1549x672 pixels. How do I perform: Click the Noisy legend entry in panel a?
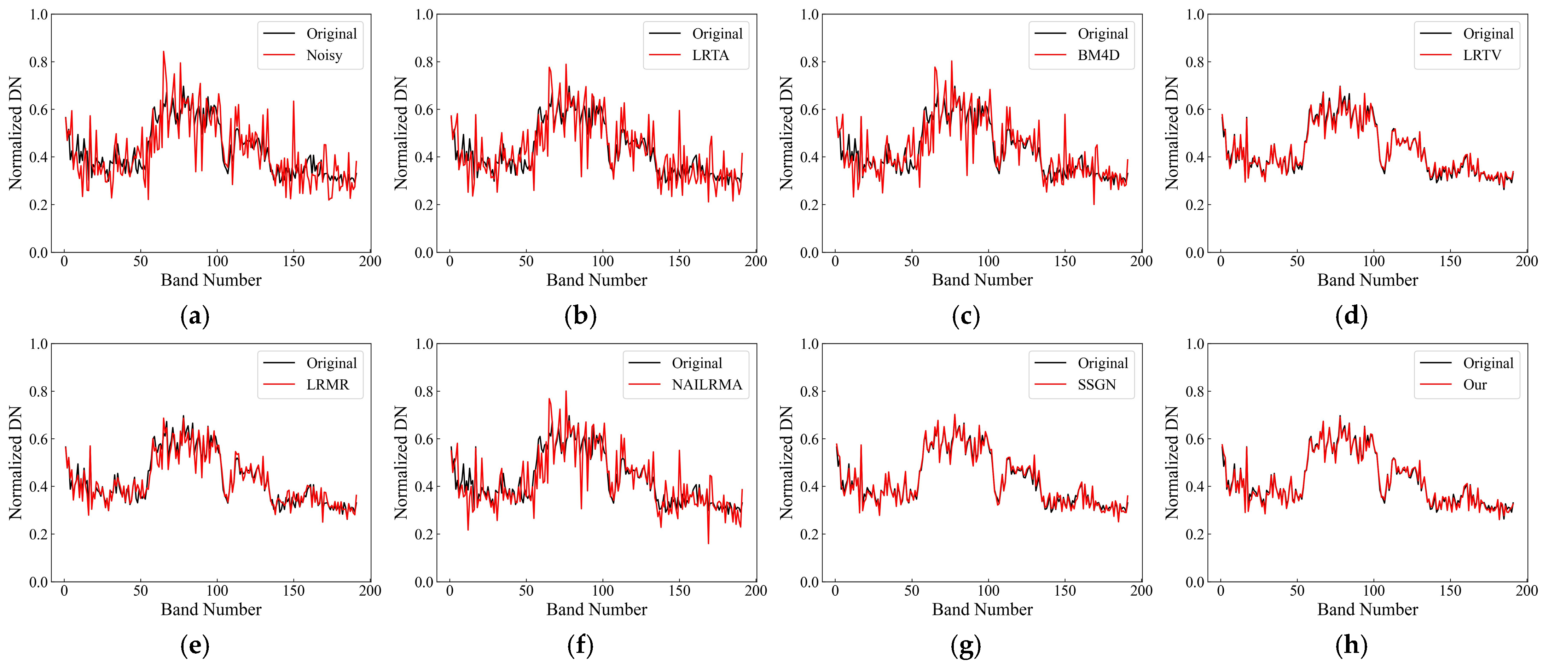tap(324, 55)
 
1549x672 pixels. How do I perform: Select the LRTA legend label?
tap(710, 55)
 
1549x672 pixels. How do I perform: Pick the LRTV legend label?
tap(1482, 55)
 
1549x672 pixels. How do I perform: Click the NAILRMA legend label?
tap(707, 385)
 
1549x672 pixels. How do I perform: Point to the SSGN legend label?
tap(1096, 385)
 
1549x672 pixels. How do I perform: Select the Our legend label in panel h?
tap(1474, 385)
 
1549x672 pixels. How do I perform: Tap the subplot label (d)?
tap(1351, 316)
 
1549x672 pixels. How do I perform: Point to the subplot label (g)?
tap(966, 645)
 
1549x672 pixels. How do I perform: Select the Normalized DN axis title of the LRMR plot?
tap(15, 462)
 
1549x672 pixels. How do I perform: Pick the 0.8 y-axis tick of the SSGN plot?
tap(810, 391)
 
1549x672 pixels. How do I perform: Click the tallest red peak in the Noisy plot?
tap(163, 52)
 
